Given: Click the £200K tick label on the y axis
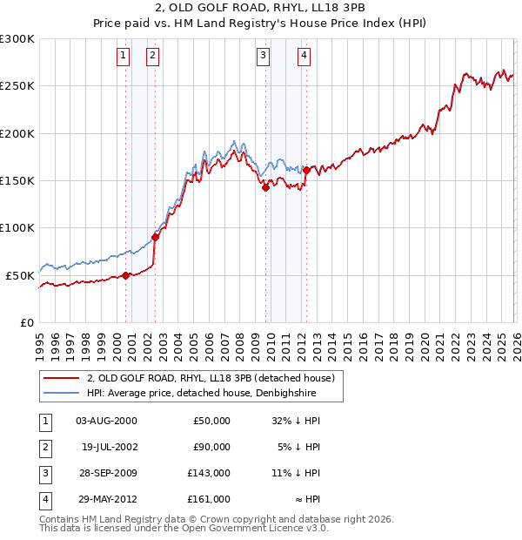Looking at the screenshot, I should tap(17, 134).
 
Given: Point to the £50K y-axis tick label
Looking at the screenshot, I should tap(20, 275).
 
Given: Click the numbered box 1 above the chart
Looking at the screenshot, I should tap(124, 57).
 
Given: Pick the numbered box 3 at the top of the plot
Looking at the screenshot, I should tap(263, 57).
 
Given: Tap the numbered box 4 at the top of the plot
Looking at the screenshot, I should tap(304, 57).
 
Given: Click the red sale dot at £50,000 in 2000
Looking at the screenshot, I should tap(125, 275).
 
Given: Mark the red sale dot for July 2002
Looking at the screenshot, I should tap(155, 237).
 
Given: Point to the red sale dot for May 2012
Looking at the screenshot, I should tap(306, 171).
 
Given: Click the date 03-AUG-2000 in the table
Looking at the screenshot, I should tap(106, 421).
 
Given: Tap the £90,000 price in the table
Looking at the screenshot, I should tap(211, 447).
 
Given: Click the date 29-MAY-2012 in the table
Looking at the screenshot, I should tap(106, 500).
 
